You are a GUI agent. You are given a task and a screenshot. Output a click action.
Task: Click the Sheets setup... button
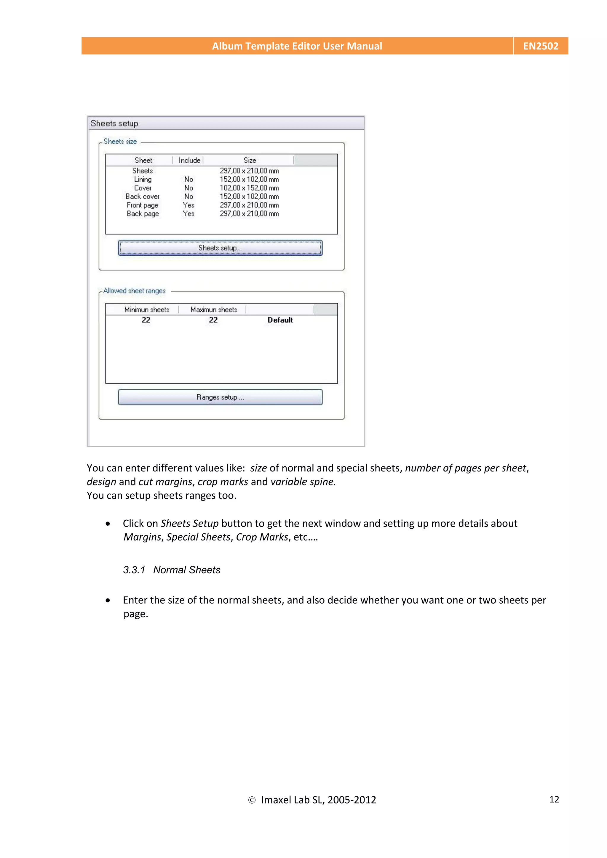click(220, 248)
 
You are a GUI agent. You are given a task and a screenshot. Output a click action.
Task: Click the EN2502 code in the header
click(540, 46)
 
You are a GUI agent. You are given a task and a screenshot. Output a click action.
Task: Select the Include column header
click(189, 160)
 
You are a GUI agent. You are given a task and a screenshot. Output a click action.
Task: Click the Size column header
click(250, 160)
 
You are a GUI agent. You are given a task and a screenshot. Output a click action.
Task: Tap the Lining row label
click(143, 179)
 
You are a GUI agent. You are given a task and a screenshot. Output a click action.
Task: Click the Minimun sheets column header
click(147, 309)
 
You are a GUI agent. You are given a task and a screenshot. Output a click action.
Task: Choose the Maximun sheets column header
click(214, 309)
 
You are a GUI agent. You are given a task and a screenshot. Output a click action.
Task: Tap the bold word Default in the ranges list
click(280, 320)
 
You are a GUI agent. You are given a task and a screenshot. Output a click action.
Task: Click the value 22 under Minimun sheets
click(146, 320)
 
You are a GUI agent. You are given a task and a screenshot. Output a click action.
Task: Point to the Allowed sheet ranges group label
click(134, 291)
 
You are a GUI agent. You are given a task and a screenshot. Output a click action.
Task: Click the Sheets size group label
click(120, 142)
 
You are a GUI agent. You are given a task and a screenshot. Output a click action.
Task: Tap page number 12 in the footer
click(554, 799)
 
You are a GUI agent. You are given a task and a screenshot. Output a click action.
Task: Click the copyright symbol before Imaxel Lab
click(252, 800)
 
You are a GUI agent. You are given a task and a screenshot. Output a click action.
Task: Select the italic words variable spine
click(303, 482)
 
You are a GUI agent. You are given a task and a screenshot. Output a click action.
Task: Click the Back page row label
click(143, 214)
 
